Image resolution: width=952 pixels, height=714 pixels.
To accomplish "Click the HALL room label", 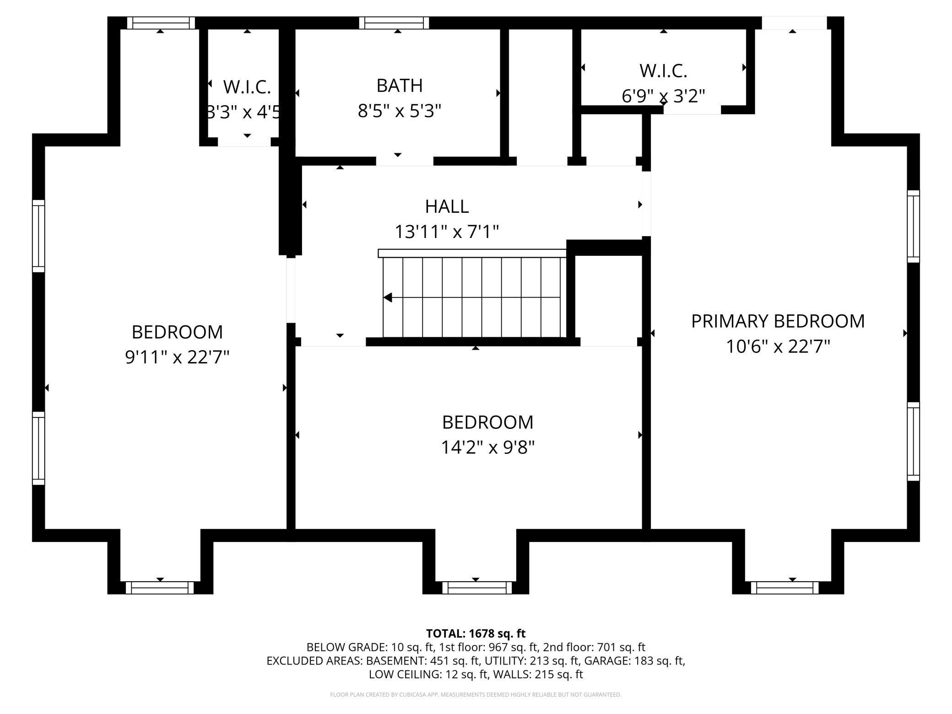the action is point(447,206).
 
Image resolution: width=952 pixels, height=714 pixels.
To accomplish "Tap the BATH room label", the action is point(400,86).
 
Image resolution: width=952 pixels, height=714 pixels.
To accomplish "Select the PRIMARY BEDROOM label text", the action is point(778,321).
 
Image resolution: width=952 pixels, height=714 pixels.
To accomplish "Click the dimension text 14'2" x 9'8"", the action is point(487,447).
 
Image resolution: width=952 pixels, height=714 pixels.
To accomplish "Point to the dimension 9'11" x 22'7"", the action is point(177,357).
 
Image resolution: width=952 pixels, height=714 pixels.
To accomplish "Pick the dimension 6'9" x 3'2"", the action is point(663,96).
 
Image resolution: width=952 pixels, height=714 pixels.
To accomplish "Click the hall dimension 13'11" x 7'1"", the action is point(447,232).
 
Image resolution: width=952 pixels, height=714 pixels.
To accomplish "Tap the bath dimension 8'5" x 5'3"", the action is point(400,111).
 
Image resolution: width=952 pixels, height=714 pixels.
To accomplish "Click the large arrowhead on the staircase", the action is point(388,297).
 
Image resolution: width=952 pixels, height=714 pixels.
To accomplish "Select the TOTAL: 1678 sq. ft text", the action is point(476,633).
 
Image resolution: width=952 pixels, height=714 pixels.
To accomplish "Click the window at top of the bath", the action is point(394,23).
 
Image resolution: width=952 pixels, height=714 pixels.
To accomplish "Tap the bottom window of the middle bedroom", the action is point(476,588).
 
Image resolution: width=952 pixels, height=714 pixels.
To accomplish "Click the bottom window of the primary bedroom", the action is point(784,588).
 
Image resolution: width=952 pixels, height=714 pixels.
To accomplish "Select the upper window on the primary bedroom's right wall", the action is point(913,226).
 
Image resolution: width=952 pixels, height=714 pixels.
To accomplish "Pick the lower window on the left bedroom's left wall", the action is point(38,448).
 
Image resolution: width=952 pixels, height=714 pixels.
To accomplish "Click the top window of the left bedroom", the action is point(161,23).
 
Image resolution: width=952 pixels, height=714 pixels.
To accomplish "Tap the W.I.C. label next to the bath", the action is point(247,87).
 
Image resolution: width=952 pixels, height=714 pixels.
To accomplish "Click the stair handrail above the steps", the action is point(472,253).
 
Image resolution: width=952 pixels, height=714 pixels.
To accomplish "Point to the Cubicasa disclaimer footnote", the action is point(476,694).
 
